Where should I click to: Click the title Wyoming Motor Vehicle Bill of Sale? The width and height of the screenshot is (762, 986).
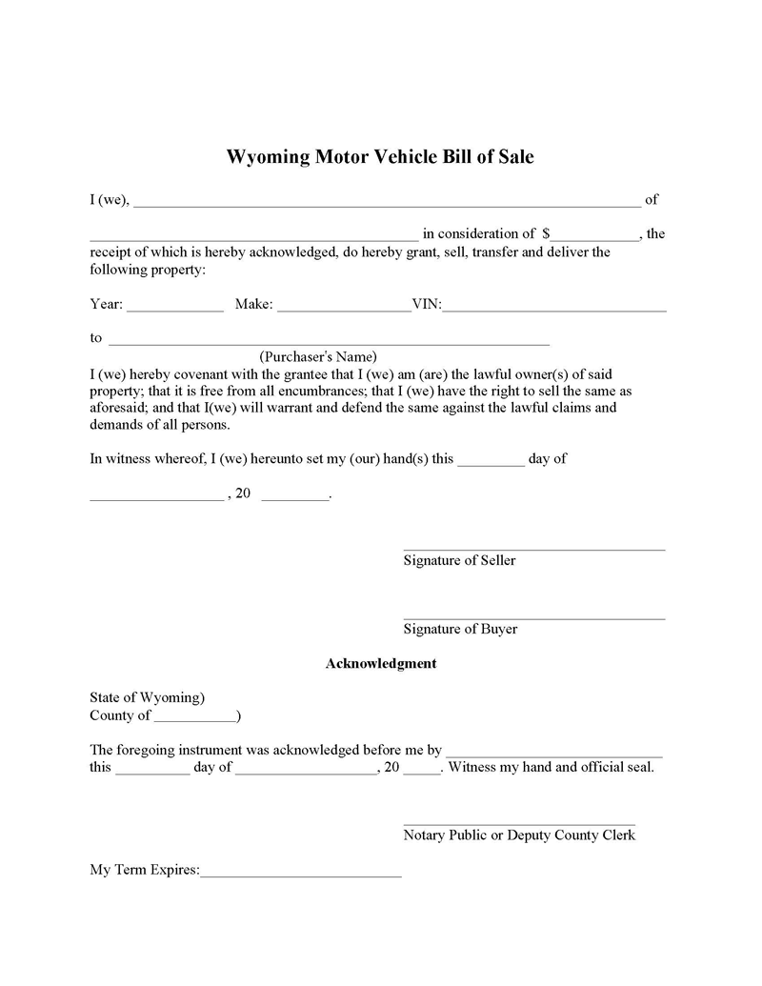(380, 157)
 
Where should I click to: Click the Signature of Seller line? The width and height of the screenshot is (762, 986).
(533, 549)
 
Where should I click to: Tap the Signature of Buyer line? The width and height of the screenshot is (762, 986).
(533, 618)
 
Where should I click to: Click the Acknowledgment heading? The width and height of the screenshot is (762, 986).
(381, 663)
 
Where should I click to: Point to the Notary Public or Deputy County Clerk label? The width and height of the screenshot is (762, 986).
(519, 835)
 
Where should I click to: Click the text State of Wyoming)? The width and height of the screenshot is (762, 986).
(147, 697)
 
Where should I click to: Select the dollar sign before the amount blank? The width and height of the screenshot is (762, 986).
(546, 233)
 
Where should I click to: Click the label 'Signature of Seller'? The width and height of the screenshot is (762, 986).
(459, 560)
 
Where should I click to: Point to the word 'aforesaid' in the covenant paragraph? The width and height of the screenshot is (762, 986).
(119, 408)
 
